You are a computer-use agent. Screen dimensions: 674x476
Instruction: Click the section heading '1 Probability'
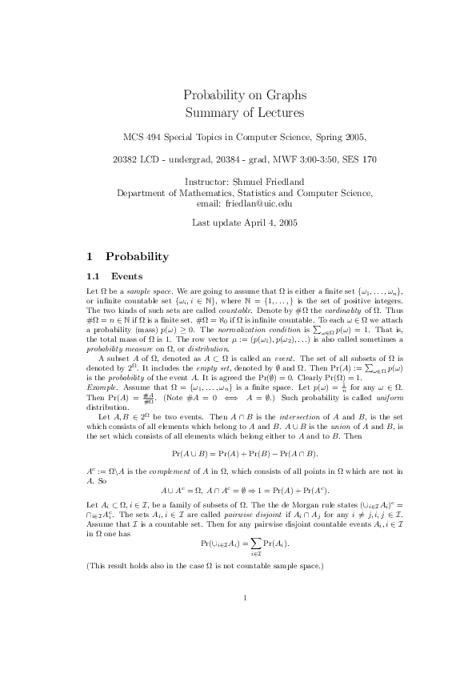pyautogui.click(x=127, y=257)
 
